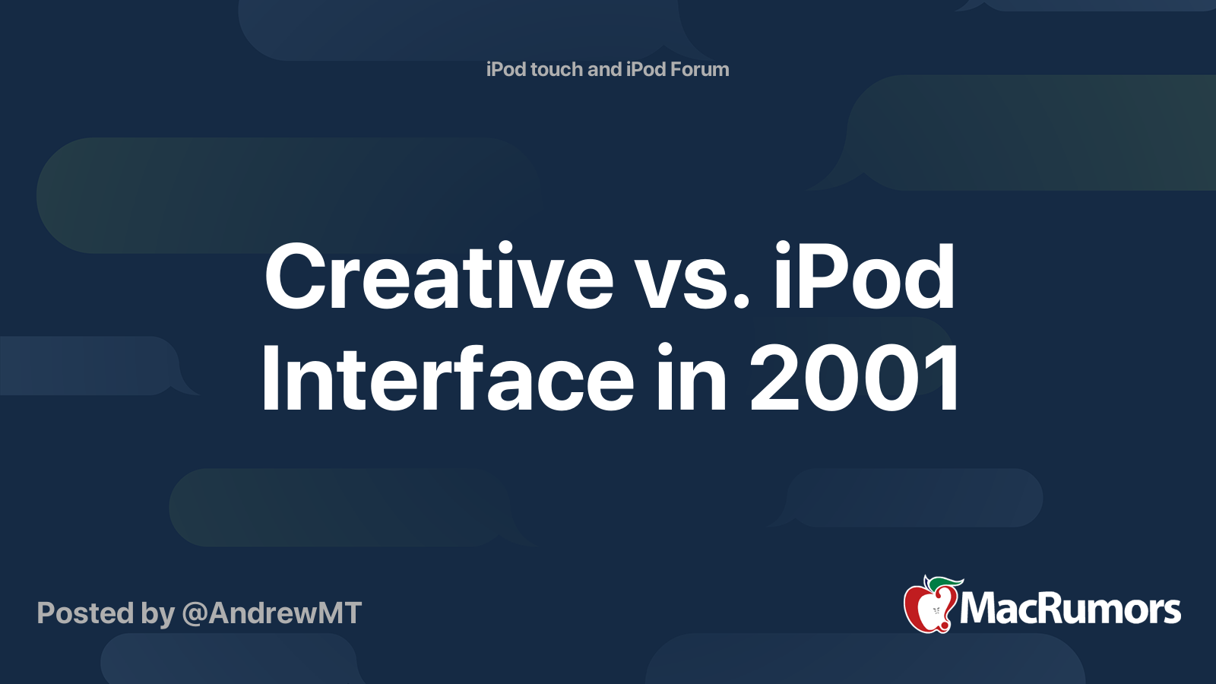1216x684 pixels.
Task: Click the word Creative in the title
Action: point(439,277)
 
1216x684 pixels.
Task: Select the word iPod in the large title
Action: point(864,277)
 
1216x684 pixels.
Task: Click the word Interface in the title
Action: point(447,378)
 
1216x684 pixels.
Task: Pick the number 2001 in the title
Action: point(855,378)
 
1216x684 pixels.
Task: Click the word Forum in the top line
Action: point(699,69)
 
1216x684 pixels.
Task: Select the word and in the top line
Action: point(605,69)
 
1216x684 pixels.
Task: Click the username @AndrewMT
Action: point(271,613)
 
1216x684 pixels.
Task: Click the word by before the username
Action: point(157,613)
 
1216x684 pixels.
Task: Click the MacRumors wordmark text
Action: point(1070,608)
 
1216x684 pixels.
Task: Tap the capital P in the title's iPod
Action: point(828,277)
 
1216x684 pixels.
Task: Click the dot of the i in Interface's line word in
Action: point(666,350)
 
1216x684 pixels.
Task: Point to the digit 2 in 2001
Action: point(775,378)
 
